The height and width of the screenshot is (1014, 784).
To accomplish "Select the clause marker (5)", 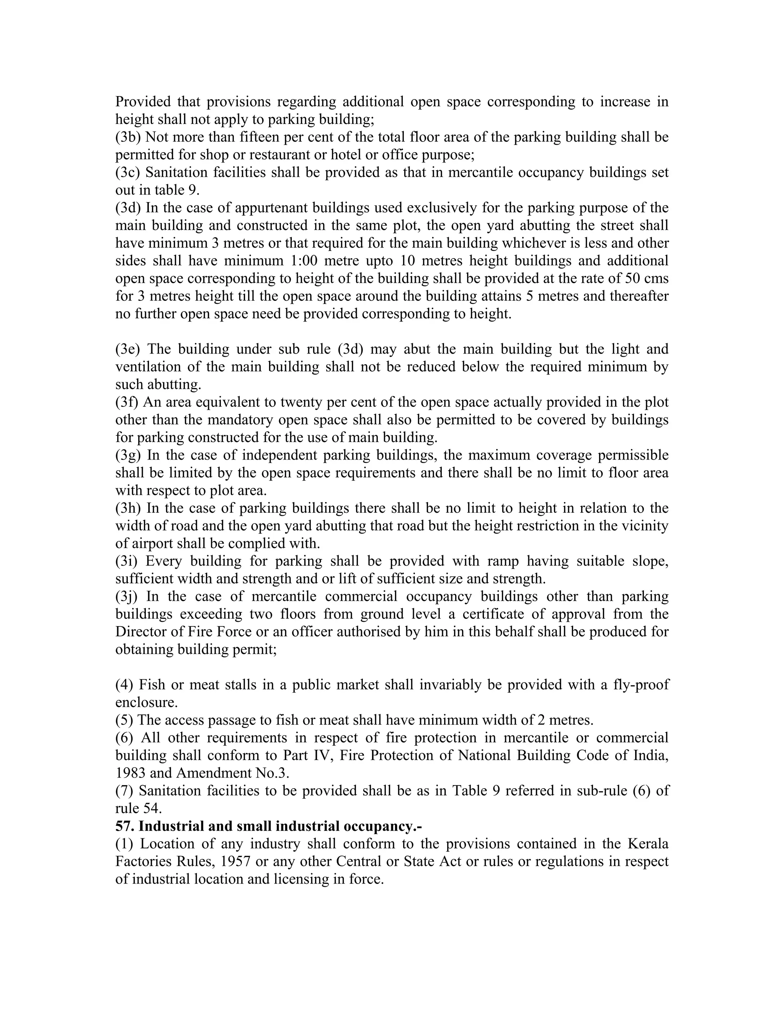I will (x=124, y=720).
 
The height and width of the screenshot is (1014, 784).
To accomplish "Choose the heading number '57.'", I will (x=125, y=826).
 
